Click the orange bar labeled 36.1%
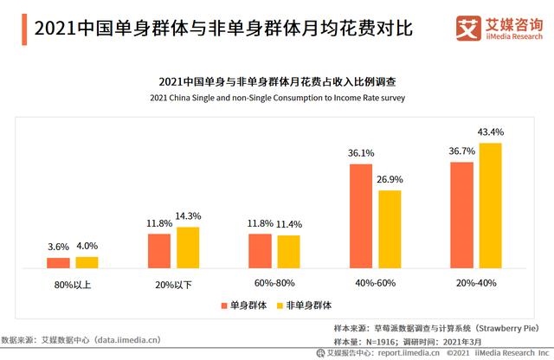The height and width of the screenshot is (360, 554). point(361,216)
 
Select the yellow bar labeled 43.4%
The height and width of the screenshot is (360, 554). point(490,206)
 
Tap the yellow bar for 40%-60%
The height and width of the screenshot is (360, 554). point(390,229)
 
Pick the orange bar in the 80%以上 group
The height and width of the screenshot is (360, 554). point(58,263)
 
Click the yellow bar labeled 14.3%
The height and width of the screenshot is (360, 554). point(188,247)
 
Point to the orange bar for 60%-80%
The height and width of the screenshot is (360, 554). point(260,251)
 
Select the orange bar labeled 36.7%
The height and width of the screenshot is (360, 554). point(461,215)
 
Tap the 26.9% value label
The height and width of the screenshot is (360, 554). point(390,179)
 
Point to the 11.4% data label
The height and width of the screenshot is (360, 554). point(288,225)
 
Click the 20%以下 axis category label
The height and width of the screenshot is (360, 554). point(173,284)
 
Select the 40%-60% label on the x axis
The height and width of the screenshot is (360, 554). point(375,284)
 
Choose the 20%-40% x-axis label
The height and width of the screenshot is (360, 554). point(476,284)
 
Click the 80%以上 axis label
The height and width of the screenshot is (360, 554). point(72,284)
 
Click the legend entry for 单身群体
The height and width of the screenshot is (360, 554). point(243,305)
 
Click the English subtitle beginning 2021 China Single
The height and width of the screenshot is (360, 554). point(277,98)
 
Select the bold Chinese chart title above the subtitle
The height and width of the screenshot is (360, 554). point(277,81)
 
